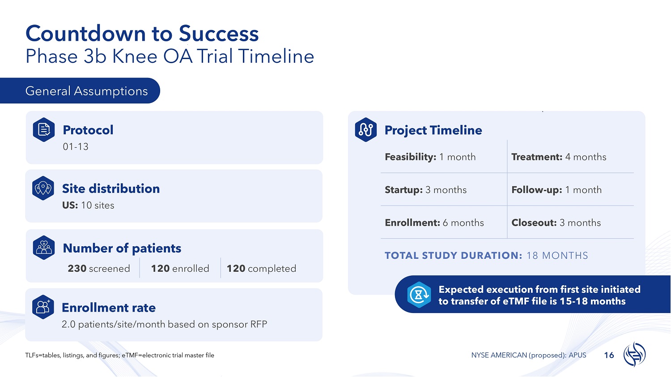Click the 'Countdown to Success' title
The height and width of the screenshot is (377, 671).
coord(142,33)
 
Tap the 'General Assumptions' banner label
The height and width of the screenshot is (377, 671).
coord(87,91)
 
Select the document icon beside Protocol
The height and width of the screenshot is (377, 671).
coord(44,129)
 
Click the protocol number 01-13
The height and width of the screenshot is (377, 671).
coord(76,147)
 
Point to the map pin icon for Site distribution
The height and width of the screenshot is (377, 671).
coord(43,188)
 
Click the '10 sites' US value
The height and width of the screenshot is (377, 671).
coord(98,205)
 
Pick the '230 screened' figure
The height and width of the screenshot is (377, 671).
coord(99,269)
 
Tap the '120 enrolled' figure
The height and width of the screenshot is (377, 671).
coord(180,269)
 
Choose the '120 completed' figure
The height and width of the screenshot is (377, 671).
coord(261,269)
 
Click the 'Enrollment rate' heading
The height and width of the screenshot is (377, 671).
coord(109,308)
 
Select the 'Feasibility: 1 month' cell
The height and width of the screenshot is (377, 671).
coord(430,157)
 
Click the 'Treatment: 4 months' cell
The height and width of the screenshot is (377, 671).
coord(559,157)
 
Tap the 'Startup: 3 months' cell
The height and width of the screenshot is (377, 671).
coord(426,190)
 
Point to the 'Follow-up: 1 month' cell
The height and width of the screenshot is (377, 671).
coord(556,190)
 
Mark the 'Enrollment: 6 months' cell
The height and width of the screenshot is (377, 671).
coord(434,223)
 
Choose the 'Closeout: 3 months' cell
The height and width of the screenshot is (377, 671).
coord(556,223)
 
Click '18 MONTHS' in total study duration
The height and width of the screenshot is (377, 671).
coord(557,256)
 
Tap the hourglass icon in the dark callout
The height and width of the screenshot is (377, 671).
coord(419,295)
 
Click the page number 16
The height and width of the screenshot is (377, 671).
coord(609,356)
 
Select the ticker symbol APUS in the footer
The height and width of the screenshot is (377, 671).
coord(578,355)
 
